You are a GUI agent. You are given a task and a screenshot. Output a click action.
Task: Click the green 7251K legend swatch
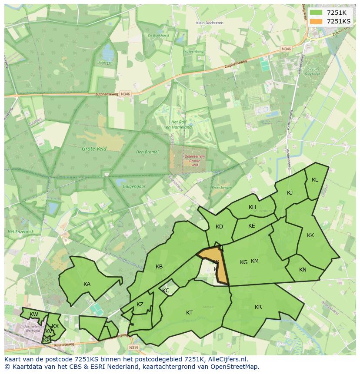(x=316, y=12)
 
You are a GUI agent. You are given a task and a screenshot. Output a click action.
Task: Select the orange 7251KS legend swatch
(x=316, y=21)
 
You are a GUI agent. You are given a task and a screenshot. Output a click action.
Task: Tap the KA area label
(x=87, y=284)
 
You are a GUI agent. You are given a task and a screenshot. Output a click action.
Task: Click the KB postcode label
(x=159, y=267)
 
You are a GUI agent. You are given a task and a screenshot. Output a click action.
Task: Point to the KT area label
(x=190, y=313)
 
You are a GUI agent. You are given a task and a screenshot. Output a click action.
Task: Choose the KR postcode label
(x=258, y=307)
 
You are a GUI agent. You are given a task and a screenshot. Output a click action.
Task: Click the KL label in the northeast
(x=315, y=180)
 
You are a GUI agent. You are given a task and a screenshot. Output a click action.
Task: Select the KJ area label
(x=290, y=193)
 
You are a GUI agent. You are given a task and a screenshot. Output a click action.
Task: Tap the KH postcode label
(x=252, y=207)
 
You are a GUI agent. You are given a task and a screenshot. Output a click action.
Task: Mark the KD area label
(x=219, y=227)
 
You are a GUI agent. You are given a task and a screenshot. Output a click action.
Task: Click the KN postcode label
(x=303, y=270)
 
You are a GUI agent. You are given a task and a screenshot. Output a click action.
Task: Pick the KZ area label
(x=140, y=304)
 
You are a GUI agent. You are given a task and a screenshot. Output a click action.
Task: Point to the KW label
(x=33, y=314)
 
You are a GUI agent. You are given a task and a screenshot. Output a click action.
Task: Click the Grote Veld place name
(x=94, y=149)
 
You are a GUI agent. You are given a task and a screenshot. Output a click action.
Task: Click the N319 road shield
(x=133, y=348)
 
